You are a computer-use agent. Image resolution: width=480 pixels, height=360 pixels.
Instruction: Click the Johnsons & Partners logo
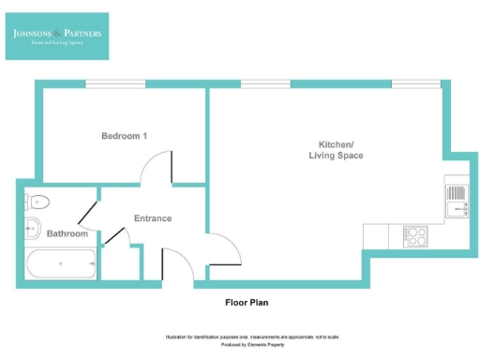(56, 36)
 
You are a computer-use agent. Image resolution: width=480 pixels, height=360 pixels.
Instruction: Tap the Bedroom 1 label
(125, 137)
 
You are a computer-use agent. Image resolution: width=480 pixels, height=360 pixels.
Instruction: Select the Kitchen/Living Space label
(337, 150)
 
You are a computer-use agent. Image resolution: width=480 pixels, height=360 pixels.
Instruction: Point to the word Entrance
(153, 218)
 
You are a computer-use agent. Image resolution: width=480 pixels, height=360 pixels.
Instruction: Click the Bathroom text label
(67, 233)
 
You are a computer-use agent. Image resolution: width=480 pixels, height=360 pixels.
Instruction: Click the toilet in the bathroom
(38, 201)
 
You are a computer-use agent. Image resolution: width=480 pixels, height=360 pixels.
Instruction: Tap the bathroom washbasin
(30, 225)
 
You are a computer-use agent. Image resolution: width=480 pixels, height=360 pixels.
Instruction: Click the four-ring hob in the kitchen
(414, 235)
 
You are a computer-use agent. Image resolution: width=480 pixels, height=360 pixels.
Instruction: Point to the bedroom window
(115, 84)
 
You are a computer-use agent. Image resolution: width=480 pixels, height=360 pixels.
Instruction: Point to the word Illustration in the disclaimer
(180, 337)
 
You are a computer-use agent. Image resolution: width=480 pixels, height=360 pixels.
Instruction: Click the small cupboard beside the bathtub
(120, 262)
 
